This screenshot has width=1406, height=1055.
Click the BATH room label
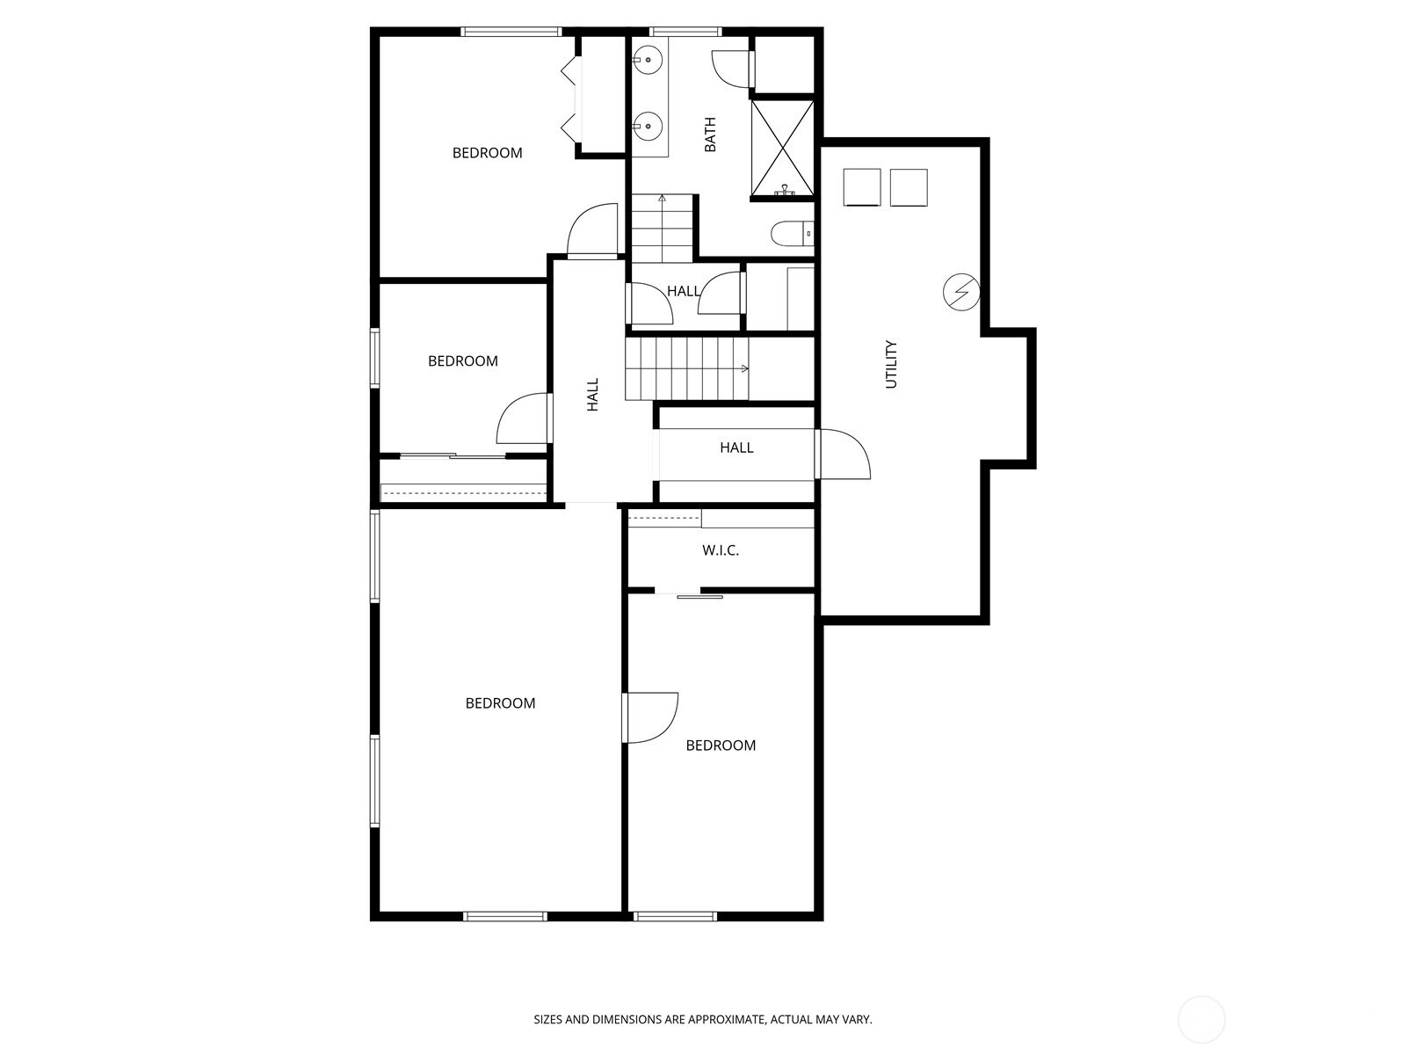[x=710, y=135]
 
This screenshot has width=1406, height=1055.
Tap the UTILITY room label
[x=891, y=364]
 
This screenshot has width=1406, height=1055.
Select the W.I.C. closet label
[x=721, y=550]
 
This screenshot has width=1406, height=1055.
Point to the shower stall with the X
[x=782, y=148]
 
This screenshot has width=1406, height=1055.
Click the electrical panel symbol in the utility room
[x=961, y=293]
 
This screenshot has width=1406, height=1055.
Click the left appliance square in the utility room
[x=862, y=187]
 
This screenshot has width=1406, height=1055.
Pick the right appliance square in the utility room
[x=909, y=187]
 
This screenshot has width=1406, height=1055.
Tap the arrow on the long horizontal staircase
[x=744, y=368]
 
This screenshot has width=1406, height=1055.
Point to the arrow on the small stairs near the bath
[x=663, y=199]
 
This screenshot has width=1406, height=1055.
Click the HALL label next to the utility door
[x=736, y=447]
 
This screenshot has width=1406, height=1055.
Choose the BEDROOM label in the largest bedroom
[x=500, y=703]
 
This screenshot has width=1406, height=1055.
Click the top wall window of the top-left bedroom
[x=511, y=32]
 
